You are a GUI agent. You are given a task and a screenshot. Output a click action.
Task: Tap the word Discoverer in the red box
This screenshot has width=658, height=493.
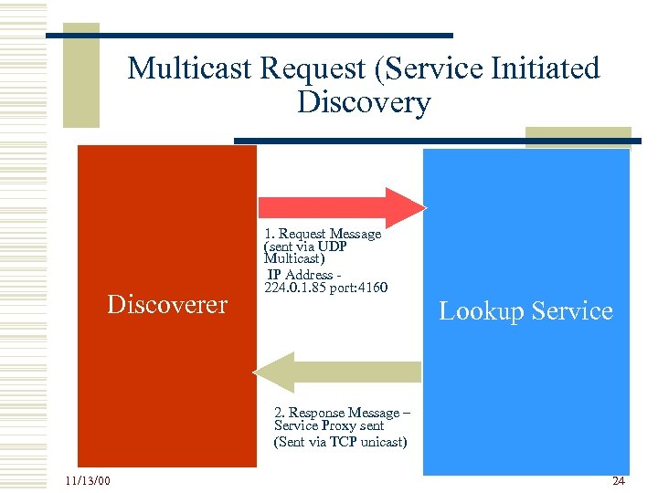[167, 304]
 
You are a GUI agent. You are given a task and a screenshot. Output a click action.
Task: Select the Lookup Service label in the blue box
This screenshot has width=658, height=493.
[525, 311]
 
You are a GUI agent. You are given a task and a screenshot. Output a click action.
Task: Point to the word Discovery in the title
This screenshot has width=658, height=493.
[364, 102]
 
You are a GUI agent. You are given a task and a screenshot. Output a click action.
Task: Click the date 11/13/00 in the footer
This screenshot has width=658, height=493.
[88, 481]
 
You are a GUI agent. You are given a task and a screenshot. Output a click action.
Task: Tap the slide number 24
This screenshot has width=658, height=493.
[619, 480]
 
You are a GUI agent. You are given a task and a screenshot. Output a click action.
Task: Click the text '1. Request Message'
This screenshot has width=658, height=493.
[322, 235]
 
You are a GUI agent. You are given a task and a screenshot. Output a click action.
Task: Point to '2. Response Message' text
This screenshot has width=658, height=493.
[336, 413]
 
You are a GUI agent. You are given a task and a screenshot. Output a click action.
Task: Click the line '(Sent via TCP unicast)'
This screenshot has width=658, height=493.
[340, 443]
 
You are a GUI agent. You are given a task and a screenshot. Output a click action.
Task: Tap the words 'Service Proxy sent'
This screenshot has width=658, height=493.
[329, 426]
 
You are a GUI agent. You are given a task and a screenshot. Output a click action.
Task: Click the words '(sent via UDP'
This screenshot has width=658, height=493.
[305, 247]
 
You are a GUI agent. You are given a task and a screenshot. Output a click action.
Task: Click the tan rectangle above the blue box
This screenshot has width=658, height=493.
[578, 137]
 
